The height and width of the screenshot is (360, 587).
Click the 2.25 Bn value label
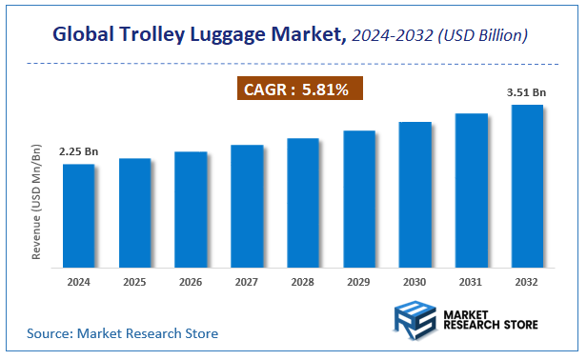(78, 151)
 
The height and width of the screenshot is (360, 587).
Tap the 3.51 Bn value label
(527, 92)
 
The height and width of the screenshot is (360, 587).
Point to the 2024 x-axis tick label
(78, 281)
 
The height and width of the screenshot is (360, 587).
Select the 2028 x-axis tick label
(303, 281)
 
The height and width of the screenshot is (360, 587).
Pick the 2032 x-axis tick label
(527, 281)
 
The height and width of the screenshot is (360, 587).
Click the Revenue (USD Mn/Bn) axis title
(37, 203)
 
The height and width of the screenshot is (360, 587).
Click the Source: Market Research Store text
(122, 333)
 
